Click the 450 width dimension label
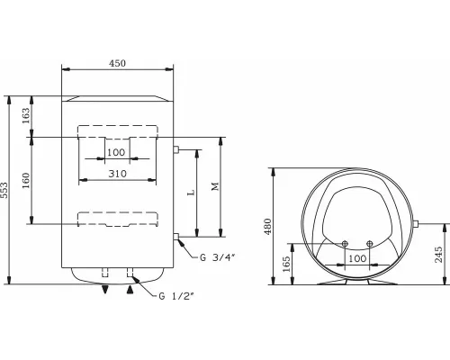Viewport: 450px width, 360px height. [x=116, y=64]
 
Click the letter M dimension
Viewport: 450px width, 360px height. [x=213, y=186]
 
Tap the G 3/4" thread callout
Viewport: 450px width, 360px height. [x=216, y=257]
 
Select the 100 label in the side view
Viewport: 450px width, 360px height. [x=357, y=260]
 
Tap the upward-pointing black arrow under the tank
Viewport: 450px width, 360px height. [x=134, y=289]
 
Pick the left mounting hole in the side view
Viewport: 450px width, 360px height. [x=346, y=242]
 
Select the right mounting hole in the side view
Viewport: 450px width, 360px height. [x=369, y=242]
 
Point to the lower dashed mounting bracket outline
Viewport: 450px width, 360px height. [x=116, y=218]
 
